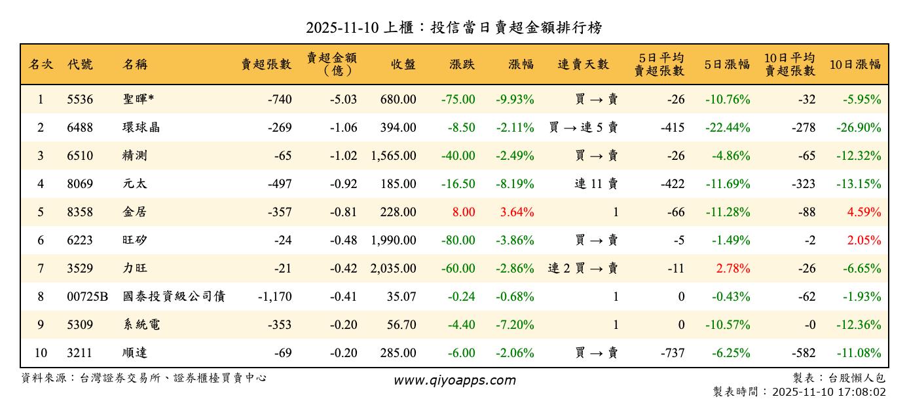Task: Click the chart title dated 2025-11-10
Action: pyautogui.click(x=454, y=28)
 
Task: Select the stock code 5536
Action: pyautogui.click(x=80, y=100)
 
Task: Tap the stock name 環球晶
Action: pyautogui.click(x=141, y=128)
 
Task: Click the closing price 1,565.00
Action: pyautogui.click(x=393, y=156)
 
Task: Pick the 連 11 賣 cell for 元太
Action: pyautogui.click(x=596, y=184)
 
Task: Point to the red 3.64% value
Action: pyautogui.click(x=517, y=212)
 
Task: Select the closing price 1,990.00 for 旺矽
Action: pyautogui.click(x=393, y=240)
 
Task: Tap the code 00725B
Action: pyautogui.click(x=87, y=297)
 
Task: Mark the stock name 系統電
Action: pyautogui.click(x=141, y=325)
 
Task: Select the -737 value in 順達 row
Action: pyautogui.click(x=672, y=353)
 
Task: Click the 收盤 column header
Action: pyautogui.click(x=403, y=64)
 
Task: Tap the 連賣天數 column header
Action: pyautogui.click(x=584, y=64)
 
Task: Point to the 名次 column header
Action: pyautogui.click(x=41, y=64)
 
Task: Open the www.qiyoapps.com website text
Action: pyautogui.click(x=454, y=380)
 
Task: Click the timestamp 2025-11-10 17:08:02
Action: pyautogui.click(x=828, y=392)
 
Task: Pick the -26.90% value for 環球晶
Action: pyautogui.click(x=858, y=128)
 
